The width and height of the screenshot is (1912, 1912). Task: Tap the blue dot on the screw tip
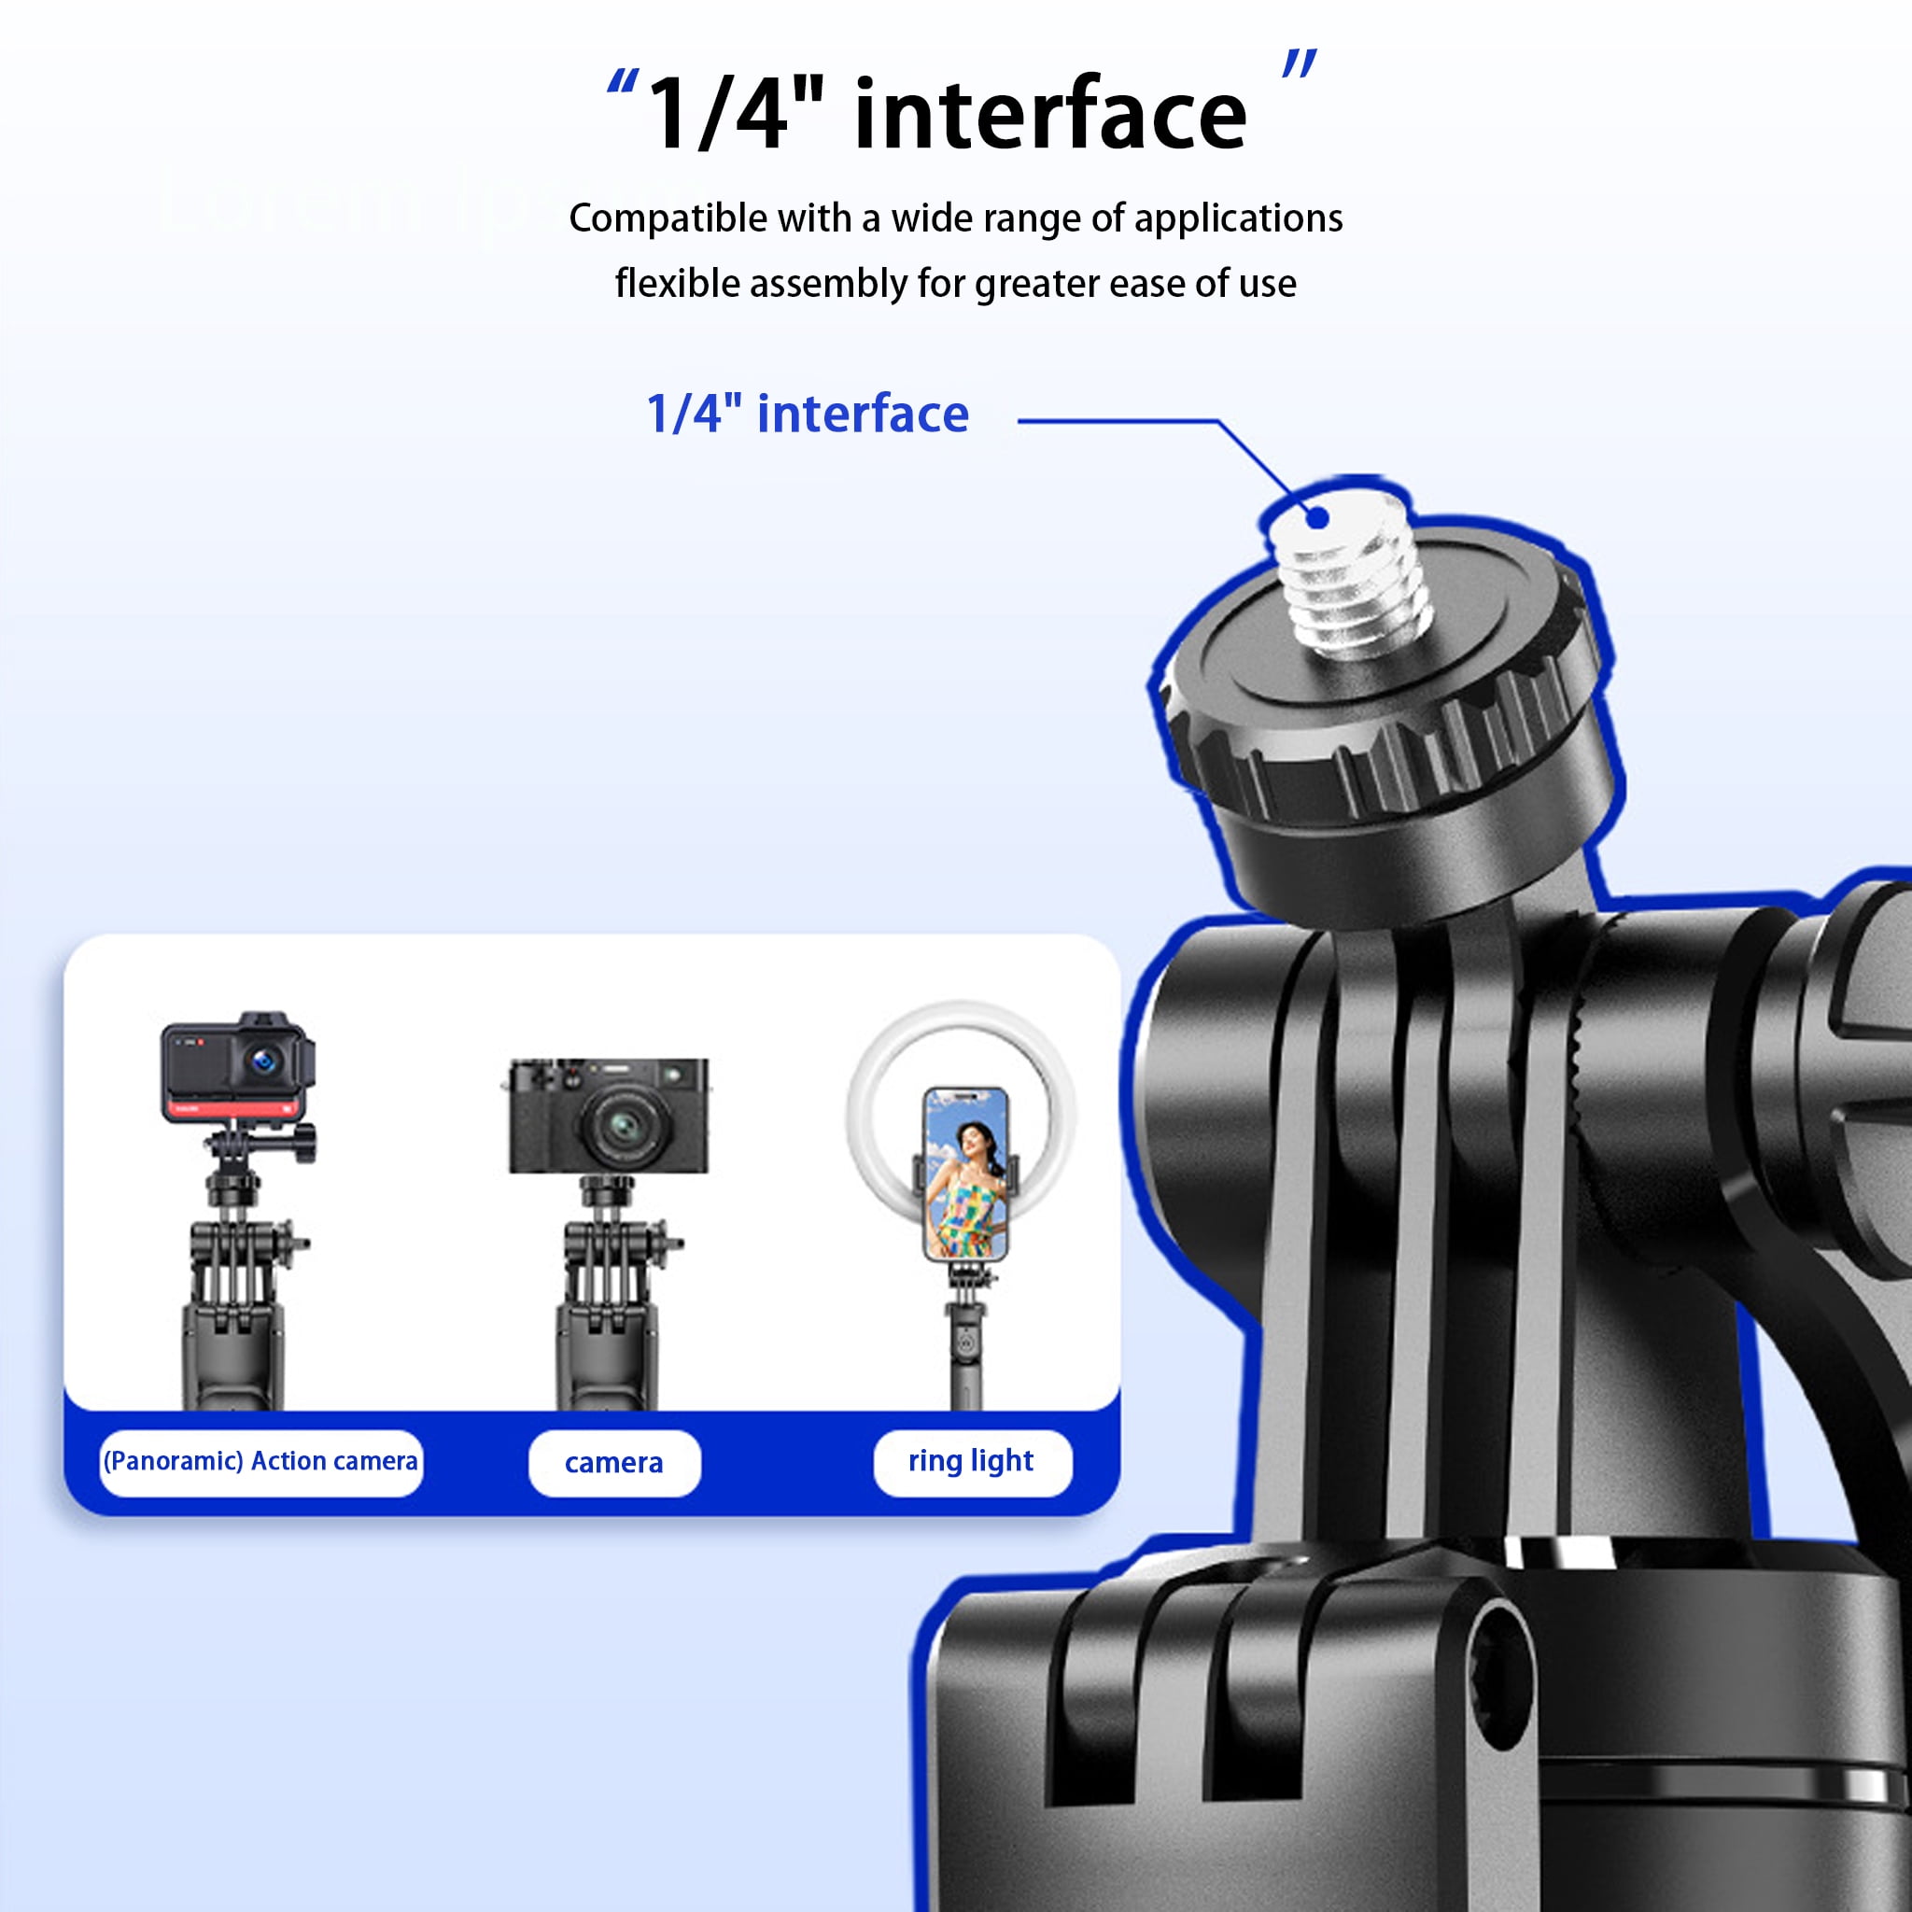1317,516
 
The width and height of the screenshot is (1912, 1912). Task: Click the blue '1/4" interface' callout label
807,414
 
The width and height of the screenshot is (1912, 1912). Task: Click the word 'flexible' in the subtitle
677,283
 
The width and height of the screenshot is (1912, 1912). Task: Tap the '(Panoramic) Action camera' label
260,1462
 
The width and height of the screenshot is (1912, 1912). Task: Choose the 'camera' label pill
613,1463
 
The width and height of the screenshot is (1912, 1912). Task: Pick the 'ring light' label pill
972,1462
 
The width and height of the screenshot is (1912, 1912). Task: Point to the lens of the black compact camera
624,1124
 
